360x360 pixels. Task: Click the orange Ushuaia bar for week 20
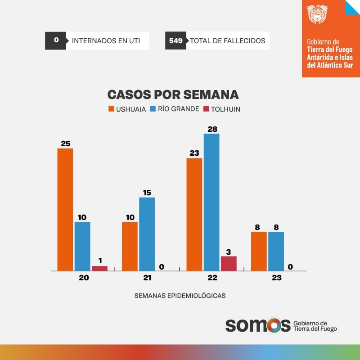pyautogui.click(x=65, y=209)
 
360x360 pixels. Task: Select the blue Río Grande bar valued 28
pyautogui.click(x=211, y=202)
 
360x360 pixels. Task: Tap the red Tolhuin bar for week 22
pyautogui.click(x=229, y=263)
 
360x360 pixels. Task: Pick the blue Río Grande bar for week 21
pyautogui.click(x=147, y=234)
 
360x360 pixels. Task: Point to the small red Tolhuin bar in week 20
pyautogui.click(x=99, y=268)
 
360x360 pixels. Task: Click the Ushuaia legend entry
pyautogui.click(x=127, y=109)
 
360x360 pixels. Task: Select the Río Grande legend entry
pyautogui.click(x=175, y=109)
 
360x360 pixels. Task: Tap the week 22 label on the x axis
pyautogui.click(x=212, y=278)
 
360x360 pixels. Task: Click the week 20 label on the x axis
pyautogui.click(x=84, y=278)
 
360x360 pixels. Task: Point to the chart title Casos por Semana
pyautogui.click(x=173, y=94)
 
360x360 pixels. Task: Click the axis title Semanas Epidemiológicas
pyautogui.click(x=180, y=296)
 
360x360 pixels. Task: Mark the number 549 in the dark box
pyautogui.click(x=175, y=41)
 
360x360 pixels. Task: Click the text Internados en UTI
pyautogui.click(x=106, y=41)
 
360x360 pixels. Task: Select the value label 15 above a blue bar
pyautogui.click(x=147, y=193)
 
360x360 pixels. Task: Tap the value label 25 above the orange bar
pyautogui.click(x=66, y=144)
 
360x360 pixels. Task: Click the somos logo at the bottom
pyautogui.click(x=257, y=325)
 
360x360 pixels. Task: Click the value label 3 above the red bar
pyautogui.click(x=229, y=252)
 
